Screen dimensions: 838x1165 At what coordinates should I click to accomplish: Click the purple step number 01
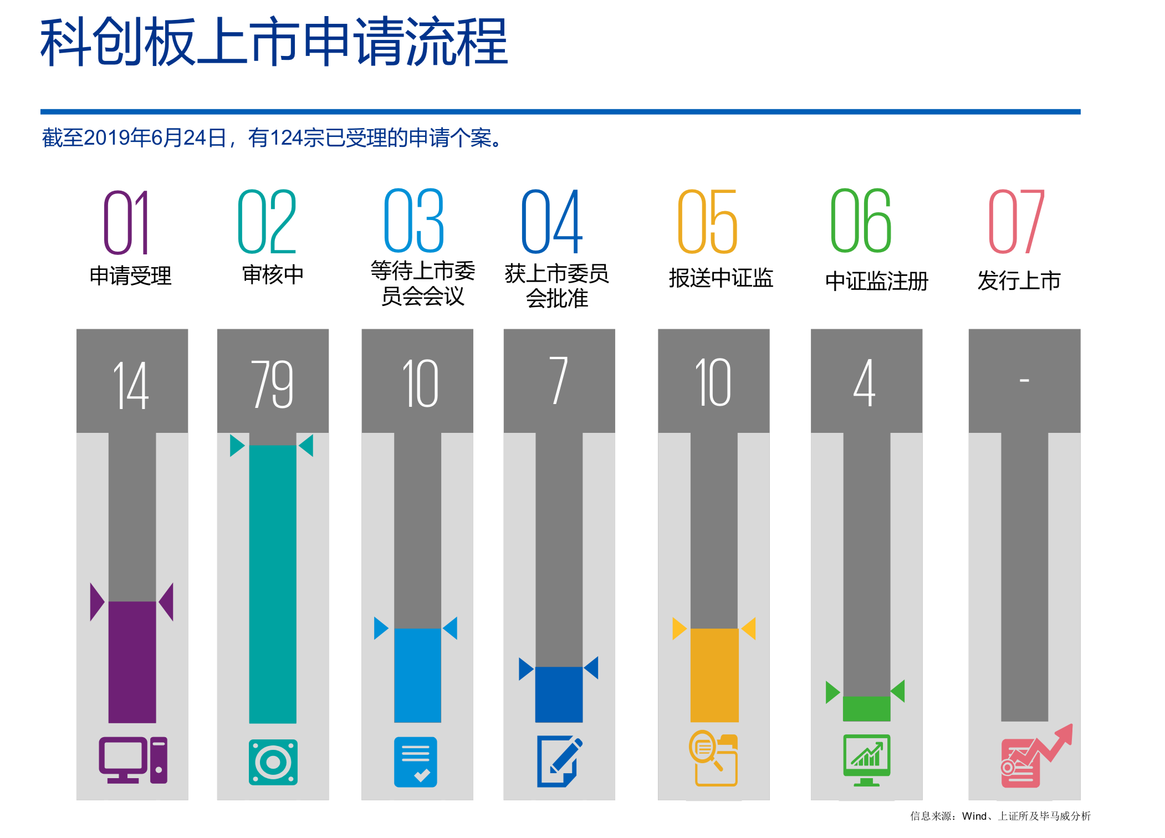pos(126,222)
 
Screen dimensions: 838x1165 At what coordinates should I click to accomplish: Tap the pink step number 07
pos(1016,221)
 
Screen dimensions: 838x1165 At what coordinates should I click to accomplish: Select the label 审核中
pos(273,274)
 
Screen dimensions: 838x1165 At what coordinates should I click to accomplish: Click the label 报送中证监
pos(721,278)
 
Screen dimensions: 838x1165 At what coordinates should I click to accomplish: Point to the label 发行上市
pos(1019,280)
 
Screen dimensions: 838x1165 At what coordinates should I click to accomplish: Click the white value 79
pos(272,384)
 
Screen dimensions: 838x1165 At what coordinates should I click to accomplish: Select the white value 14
pos(131,385)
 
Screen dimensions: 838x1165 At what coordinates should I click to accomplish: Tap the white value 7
pos(559,381)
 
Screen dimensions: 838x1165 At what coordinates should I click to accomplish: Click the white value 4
pos(865,382)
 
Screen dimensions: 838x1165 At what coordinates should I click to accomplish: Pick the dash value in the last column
pos(1024,380)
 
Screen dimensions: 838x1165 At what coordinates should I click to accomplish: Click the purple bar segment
pos(132,662)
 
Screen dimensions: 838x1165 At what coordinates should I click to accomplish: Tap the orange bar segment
pos(714,675)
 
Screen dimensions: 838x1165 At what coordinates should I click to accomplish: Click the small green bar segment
pos(866,708)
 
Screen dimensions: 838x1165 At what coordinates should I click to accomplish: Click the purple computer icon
pos(133,760)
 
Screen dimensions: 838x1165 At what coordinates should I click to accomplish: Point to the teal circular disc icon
pos(273,762)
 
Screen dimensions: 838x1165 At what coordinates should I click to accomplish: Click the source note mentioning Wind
pos(1000,816)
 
